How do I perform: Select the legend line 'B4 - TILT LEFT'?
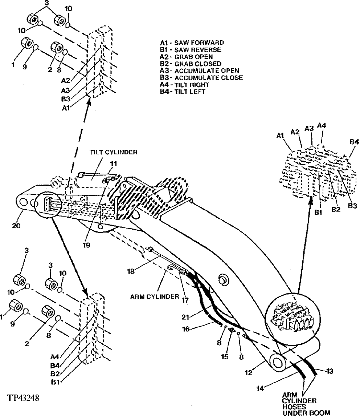point(183,92)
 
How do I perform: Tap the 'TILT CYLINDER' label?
point(113,153)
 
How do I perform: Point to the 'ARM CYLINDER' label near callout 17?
point(155,296)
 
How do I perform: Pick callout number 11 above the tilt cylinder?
point(114,164)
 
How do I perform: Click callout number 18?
point(131,270)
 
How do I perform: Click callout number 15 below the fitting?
point(225,357)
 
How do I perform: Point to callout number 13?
point(329,371)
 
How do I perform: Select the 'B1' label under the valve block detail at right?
point(318,213)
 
